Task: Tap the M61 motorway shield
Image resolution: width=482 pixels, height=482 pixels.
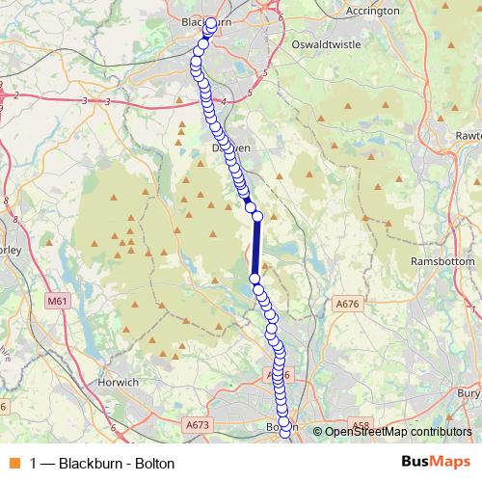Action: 59,301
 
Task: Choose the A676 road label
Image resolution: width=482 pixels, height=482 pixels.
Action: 348,305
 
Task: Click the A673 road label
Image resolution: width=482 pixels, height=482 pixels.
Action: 197,424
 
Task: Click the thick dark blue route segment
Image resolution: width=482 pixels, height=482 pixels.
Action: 256,248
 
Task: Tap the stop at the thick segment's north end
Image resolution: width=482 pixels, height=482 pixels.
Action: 257,217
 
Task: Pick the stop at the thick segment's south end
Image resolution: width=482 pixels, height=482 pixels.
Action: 255,279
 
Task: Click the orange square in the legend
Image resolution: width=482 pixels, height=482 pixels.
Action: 15,464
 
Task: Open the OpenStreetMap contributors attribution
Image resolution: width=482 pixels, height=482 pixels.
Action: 397,432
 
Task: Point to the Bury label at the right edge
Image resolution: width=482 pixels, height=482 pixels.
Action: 469,393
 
